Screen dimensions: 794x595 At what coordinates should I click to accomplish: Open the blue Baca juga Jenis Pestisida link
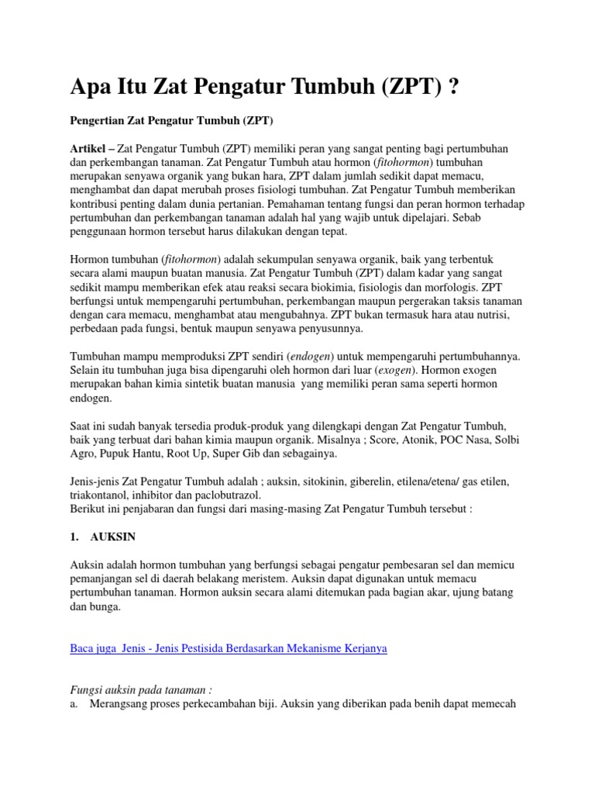(x=229, y=648)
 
